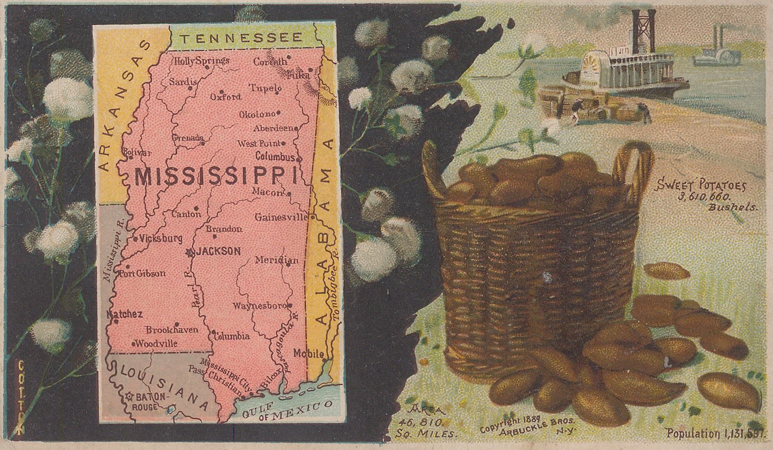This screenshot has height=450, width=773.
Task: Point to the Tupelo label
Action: point(266,88)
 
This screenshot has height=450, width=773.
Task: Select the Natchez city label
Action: point(125,314)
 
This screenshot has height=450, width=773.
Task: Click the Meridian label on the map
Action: point(276,260)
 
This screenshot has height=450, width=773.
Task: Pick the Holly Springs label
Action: point(202,60)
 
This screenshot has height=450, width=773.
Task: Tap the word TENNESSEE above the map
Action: point(241,38)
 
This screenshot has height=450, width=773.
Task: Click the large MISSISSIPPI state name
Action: point(215,176)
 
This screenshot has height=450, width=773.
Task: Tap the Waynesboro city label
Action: point(259,306)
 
